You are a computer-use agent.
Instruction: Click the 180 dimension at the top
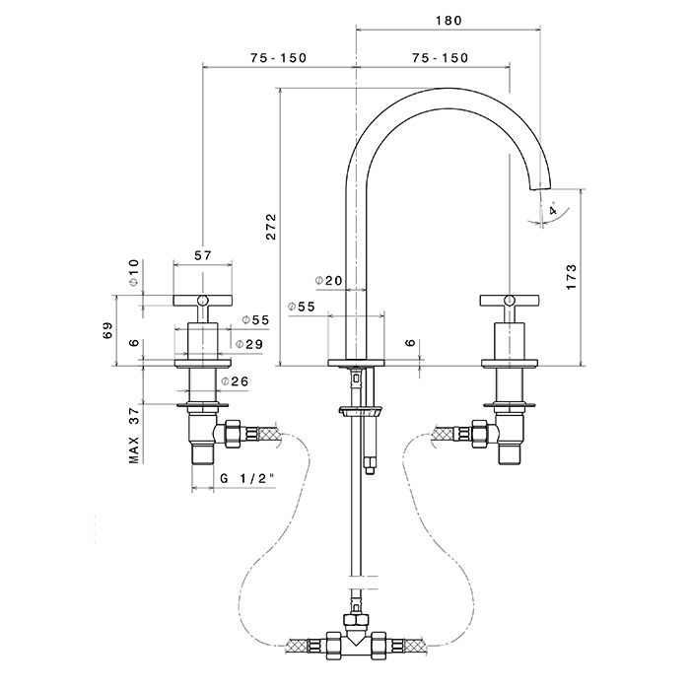(x=447, y=20)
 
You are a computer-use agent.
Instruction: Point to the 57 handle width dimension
(x=203, y=255)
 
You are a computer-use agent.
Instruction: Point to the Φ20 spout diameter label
(x=329, y=280)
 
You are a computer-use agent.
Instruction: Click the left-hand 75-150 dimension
(x=278, y=58)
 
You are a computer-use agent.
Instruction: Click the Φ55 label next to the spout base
(x=301, y=308)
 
